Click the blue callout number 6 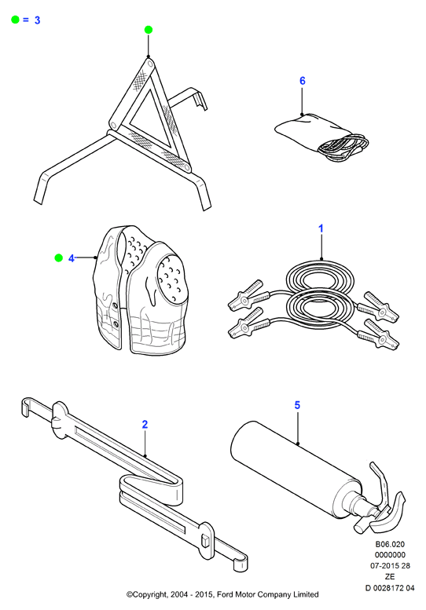pyautogui.click(x=302, y=81)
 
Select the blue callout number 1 pyautogui.click(x=321, y=228)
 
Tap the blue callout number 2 pyautogui.click(x=145, y=424)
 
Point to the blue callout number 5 pyautogui.click(x=297, y=405)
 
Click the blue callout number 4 pyautogui.click(x=72, y=258)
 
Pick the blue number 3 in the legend pyautogui.click(x=38, y=20)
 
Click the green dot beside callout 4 pyautogui.click(x=58, y=258)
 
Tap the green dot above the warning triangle pyautogui.click(x=149, y=30)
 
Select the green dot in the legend pyautogui.click(x=15, y=20)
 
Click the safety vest pyautogui.click(x=140, y=290)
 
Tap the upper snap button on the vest pyautogui.click(x=115, y=306)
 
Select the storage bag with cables pyautogui.click(x=321, y=136)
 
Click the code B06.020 pyautogui.click(x=390, y=544)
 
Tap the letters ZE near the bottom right pyautogui.click(x=390, y=576)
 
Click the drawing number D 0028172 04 pyautogui.click(x=390, y=588)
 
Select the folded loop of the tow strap pyautogui.click(x=152, y=488)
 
